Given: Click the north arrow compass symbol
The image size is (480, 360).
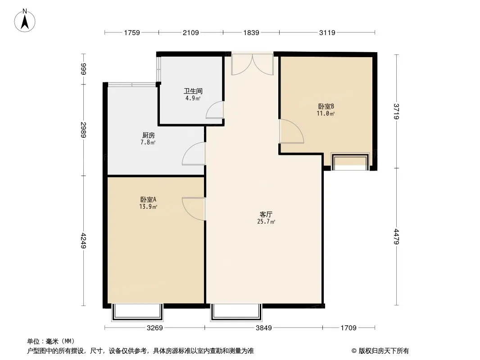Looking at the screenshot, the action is (25, 21).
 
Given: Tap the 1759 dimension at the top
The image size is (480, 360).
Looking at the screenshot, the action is (132, 32).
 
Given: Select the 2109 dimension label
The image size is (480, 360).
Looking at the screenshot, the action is (191, 32).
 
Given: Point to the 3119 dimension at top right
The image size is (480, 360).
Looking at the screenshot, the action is (327, 32).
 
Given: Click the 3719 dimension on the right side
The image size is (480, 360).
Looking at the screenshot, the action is (396, 111).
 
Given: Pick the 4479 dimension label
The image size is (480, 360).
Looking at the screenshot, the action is (396, 236).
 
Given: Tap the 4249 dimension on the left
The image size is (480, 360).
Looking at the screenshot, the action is (84, 241).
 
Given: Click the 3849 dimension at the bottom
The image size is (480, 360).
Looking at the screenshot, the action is (263, 328).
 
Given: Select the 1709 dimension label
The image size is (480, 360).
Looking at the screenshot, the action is (349, 328).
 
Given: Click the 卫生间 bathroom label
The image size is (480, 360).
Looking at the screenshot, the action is (193, 91).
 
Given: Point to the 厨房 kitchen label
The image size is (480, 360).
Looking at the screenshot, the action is (149, 135).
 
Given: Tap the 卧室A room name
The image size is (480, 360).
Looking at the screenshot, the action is (148, 199).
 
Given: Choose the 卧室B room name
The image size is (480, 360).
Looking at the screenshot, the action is (326, 106).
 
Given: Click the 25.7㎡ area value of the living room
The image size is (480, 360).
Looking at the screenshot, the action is (266, 221).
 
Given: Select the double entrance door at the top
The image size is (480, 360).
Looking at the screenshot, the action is (252, 64).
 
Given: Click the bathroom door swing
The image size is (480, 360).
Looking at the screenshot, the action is (215, 110).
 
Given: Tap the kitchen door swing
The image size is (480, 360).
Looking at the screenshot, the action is (194, 153).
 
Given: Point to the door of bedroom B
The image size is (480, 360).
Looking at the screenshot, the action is (291, 131).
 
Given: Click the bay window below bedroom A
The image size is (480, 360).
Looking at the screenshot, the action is (137, 312).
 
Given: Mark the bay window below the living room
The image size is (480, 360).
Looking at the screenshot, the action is (236, 312).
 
